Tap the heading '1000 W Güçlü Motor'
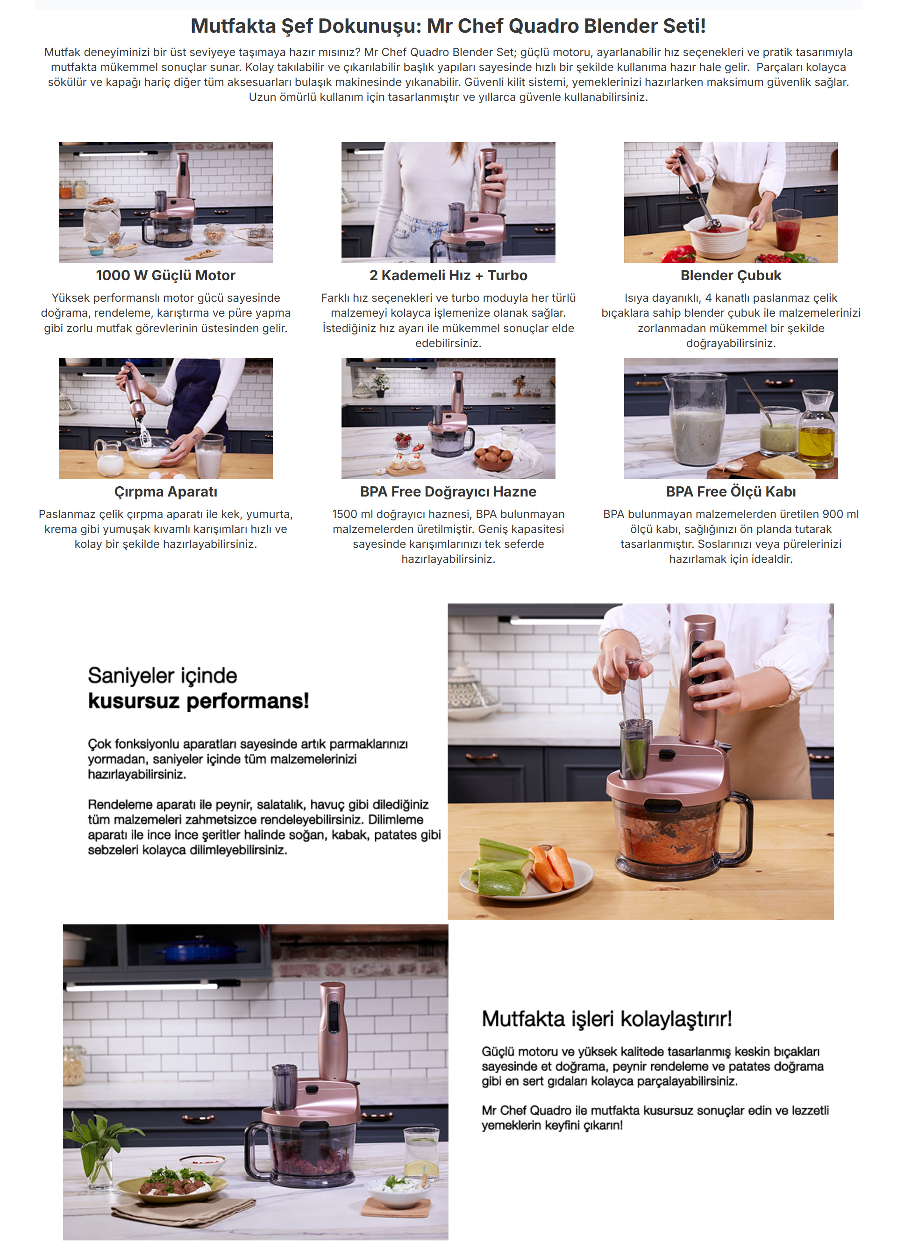tap(166, 276)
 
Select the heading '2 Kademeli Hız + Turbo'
tap(448, 276)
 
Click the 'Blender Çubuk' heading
tap(731, 276)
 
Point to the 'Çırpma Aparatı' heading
tap(166, 492)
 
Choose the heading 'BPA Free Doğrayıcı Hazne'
tap(448, 492)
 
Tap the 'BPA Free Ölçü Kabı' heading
tap(731, 492)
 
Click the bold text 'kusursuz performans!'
tap(199, 701)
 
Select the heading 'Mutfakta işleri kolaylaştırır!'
tap(606, 1019)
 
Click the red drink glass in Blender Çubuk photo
tap(787, 231)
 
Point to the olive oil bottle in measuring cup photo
tap(817, 430)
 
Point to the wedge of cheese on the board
tap(786, 467)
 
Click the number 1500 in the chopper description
tap(344, 514)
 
